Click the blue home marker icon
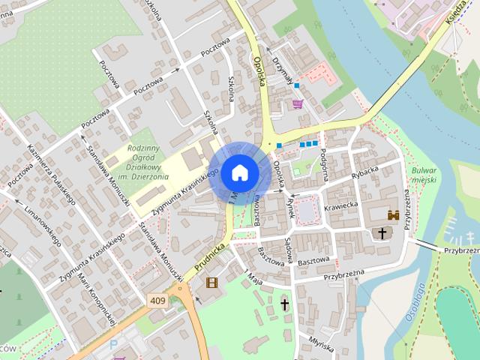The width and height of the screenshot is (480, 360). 240,172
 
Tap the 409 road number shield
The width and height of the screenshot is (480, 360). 157,301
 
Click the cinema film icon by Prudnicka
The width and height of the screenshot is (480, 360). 211,282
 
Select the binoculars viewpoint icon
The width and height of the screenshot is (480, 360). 393,214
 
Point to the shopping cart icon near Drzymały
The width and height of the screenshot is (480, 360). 298,103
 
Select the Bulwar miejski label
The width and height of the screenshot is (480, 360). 424,175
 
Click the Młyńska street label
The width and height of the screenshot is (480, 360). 321,343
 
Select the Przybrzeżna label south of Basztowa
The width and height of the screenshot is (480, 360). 343,276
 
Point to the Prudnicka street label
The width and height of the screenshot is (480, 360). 210,256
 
